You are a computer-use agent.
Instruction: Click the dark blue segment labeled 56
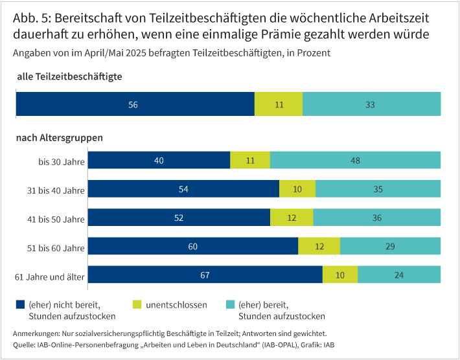(x=135, y=104)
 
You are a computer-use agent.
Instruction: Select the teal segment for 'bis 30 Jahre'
(x=355, y=160)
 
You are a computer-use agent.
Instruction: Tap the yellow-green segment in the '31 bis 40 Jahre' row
(x=297, y=188)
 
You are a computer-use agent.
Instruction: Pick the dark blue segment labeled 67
(x=205, y=275)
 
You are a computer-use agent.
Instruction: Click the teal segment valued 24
(x=399, y=275)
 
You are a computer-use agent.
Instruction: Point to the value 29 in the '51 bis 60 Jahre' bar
(x=391, y=246)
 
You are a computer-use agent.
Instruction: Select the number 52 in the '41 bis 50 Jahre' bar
(x=179, y=218)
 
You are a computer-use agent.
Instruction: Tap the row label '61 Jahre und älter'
(x=50, y=275)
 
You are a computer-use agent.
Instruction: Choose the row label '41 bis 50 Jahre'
(x=57, y=218)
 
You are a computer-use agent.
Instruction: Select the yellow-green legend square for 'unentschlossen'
(x=137, y=304)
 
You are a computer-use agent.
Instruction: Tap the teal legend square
(x=230, y=304)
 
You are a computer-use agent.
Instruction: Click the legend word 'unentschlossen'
(x=176, y=304)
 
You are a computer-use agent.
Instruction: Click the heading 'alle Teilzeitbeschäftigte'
(x=69, y=76)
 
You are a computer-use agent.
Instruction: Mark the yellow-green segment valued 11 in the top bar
(x=279, y=104)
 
